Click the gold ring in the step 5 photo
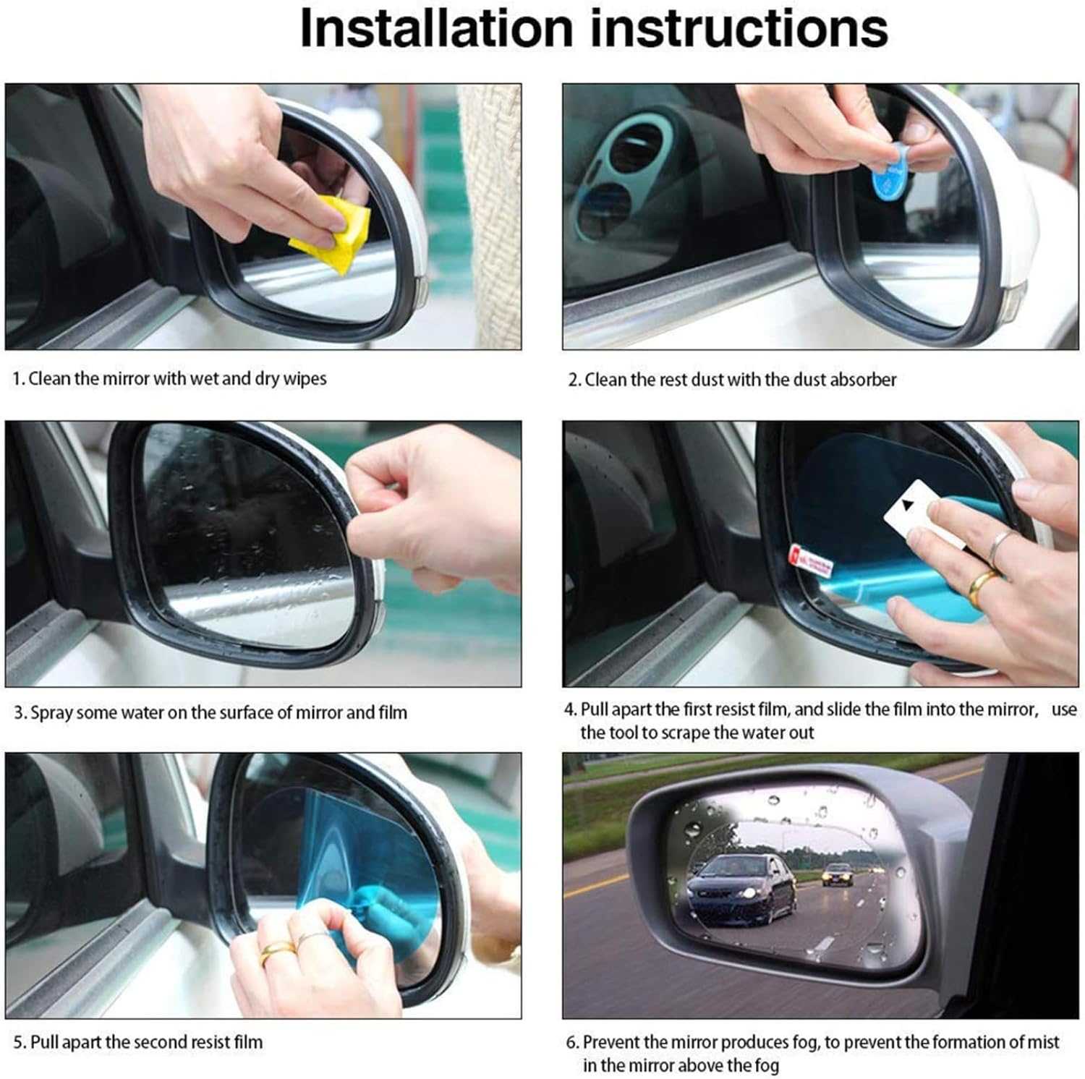[278, 948]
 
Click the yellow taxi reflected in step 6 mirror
[838, 875]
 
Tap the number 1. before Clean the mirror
[19, 379]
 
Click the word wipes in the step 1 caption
[305, 379]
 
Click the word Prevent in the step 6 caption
[613, 1042]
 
